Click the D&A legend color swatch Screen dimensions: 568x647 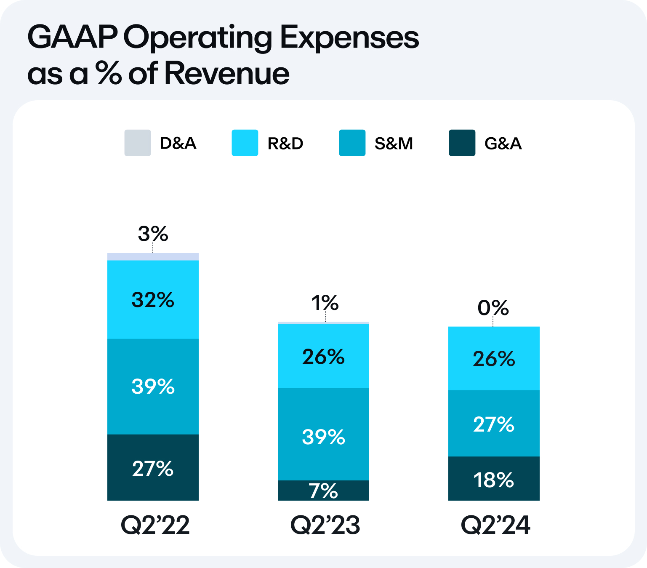137,143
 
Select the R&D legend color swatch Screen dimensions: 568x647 245,143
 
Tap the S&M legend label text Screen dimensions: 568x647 394,144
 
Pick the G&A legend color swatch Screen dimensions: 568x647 462,143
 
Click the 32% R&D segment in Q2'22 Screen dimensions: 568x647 153,300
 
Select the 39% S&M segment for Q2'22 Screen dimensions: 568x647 153,387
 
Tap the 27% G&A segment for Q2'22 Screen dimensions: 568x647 153,468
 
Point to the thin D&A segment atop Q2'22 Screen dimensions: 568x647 153,257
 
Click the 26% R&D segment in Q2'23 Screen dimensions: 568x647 323,356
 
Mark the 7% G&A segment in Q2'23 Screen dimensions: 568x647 323,491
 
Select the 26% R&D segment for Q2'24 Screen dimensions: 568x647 494,359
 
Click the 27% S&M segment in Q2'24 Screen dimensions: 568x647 494,424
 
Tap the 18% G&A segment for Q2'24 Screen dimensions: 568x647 494,480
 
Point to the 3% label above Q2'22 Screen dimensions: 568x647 153,234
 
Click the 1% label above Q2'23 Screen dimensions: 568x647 325,303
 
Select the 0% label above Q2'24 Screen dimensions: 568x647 493,308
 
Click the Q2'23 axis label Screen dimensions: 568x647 325,525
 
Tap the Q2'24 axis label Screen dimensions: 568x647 495,525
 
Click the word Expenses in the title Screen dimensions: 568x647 349,38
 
